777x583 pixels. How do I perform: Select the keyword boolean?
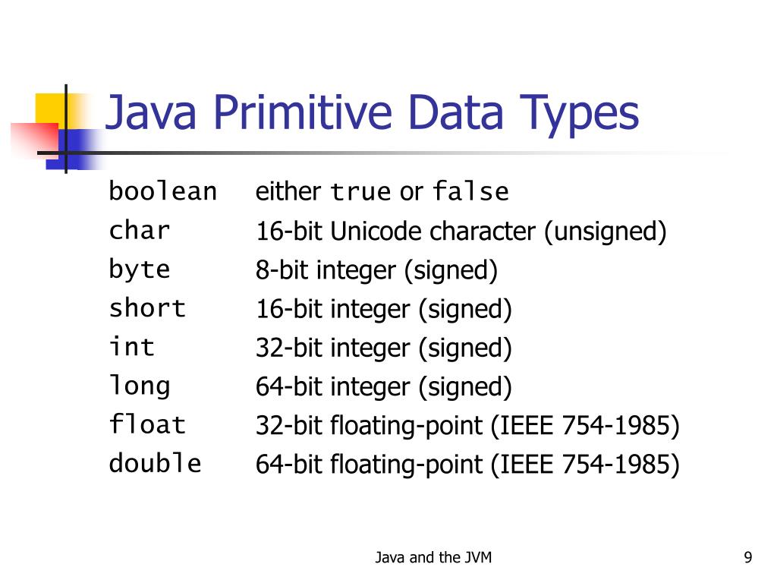tap(162, 191)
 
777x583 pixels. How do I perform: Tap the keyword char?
tap(140, 230)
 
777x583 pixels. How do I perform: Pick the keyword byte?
tap(140, 270)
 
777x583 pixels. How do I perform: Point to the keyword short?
tap(147, 308)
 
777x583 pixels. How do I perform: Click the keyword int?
tap(132, 347)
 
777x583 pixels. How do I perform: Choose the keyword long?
tap(140, 386)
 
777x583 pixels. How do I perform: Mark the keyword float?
tap(147, 424)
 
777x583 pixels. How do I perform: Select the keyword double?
tap(155, 463)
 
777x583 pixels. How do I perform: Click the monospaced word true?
tap(360, 193)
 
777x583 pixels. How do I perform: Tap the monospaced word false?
tap(470, 193)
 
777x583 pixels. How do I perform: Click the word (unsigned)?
tap(604, 232)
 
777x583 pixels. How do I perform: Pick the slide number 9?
tap(748, 558)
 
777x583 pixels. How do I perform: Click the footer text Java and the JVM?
tap(433, 558)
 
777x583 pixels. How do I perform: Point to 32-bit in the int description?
tap(290, 348)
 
